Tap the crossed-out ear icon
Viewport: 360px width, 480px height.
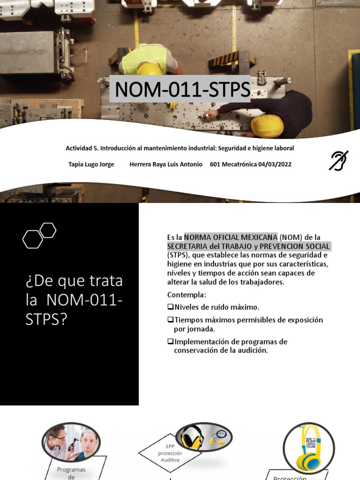point(338,160)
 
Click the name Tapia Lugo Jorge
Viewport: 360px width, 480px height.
point(91,165)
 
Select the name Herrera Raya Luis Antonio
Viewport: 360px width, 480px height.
point(166,165)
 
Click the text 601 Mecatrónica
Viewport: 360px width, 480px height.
point(233,165)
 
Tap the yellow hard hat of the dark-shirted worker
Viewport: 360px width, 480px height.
point(267,126)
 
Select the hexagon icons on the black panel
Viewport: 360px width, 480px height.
point(39,235)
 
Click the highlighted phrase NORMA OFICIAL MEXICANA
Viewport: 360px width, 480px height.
point(230,238)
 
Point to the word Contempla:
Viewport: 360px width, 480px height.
point(187,295)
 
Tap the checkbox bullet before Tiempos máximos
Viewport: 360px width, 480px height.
point(171,320)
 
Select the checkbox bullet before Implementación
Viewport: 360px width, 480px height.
point(171,342)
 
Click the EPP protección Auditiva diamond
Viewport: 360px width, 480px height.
point(170,453)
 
